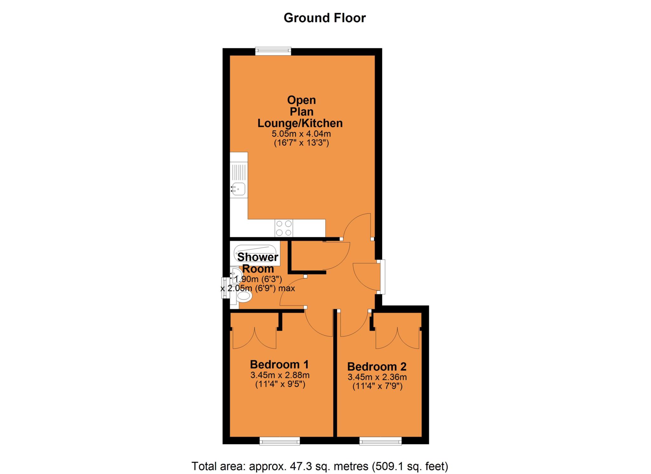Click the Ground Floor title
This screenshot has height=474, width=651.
325,18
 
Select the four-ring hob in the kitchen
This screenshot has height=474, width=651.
284,228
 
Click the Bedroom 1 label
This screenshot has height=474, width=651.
279,364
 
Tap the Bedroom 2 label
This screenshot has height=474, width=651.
377,366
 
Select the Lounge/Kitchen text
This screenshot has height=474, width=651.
300,123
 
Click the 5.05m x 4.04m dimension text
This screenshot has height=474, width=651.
301,134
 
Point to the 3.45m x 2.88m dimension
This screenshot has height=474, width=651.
280,375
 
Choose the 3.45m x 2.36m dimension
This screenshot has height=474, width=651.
377,377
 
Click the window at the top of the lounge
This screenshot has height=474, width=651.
273,51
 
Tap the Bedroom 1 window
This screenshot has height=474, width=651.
280,441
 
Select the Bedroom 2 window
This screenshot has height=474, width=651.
380,441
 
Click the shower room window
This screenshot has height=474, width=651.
225,288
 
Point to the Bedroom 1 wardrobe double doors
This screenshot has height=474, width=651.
254,338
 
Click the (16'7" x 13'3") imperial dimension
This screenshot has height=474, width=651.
301,143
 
